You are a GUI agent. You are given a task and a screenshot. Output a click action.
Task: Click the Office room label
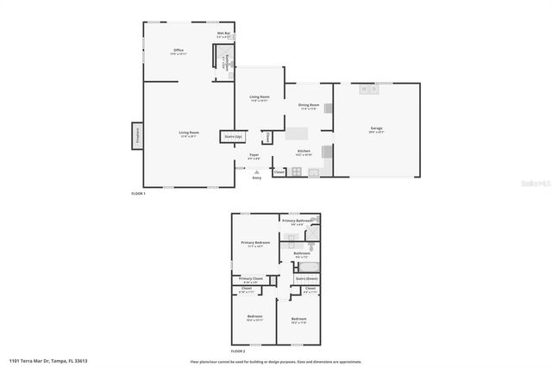pyautogui.click(x=179, y=51)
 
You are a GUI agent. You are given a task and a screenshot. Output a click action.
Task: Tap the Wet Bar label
pyautogui.click(x=223, y=34)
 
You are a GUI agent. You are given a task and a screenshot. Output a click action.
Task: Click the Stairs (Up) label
pyautogui.click(x=233, y=136)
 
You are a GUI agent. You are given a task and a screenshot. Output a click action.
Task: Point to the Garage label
pyautogui.click(x=377, y=128)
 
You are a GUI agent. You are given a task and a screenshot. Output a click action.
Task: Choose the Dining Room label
pyautogui.click(x=308, y=107)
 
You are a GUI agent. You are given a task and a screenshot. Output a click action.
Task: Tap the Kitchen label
pyautogui.click(x=304, y=152)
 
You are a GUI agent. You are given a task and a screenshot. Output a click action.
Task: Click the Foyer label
pyautogui.click(x=254, y=156)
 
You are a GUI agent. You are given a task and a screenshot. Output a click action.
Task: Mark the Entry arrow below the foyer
pyautogui.click(x=256, y=172)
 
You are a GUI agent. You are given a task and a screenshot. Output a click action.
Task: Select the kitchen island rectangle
pyautogui.click(x=298, y=134)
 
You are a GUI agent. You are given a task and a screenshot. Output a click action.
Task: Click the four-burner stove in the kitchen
pyautogui.click(x=296, y=171)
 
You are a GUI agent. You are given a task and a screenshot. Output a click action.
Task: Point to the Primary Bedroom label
pyautogui.click(x=255, y=243)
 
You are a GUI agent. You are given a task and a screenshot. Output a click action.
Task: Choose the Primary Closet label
pyautogui.click(x=251, y=279)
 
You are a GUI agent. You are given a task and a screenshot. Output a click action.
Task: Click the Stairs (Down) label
pyautogui.click(x=307, y=278)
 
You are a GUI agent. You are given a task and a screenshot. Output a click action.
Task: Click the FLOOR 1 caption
pyautogui.click(x=138, y=194)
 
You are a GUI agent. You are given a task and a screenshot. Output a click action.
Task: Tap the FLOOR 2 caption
pyautogui.click(x=238, y=351)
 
